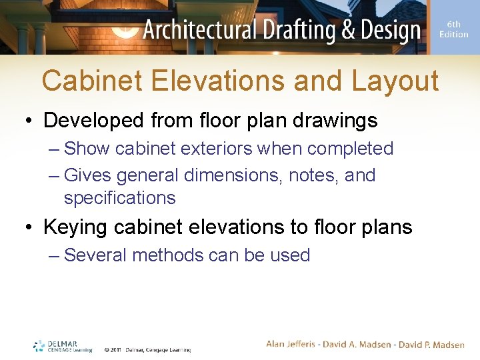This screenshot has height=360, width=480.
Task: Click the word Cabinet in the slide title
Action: pos(91,81)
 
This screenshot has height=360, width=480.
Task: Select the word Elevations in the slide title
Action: pos(217,81)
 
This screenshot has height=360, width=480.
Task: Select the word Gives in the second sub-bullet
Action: pos(89,175)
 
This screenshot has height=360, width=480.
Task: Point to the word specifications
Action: pos(120,198)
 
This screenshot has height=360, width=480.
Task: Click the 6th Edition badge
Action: pos(454,29)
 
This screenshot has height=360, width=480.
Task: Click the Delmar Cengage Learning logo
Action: pos(63,345)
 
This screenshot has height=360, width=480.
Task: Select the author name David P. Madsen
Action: pos(432,344)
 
